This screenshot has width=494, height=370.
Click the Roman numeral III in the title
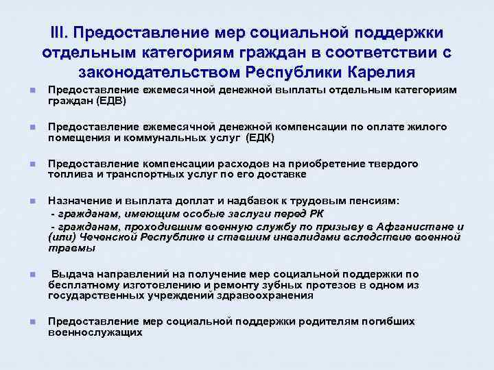60,33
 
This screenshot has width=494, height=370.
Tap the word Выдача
73,274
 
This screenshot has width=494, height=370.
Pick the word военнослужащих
95,332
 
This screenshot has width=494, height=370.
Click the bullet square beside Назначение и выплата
24,201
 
